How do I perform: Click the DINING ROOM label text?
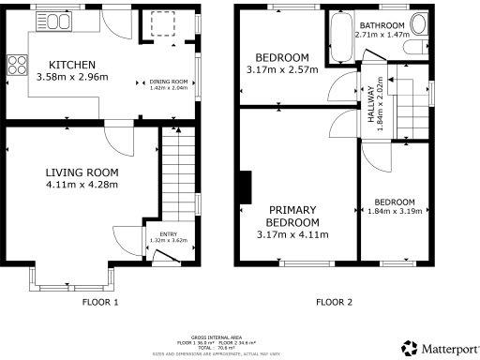170,82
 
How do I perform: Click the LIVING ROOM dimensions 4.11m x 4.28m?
82,185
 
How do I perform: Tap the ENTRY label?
169,234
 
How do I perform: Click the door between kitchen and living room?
119,138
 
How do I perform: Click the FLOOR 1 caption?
100,303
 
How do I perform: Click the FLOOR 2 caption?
334,303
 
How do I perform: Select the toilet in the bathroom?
418,26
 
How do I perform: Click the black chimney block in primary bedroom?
245,187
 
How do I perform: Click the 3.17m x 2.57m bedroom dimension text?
282,69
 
